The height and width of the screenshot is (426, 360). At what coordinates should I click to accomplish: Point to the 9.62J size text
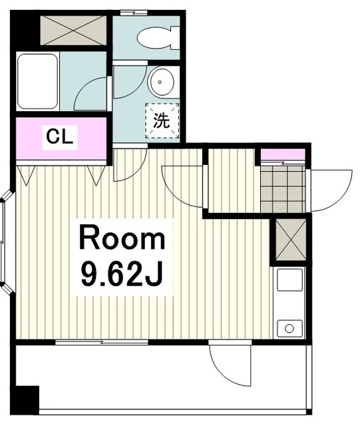[122, 274]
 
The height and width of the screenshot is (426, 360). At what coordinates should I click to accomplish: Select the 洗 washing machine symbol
[162, 120]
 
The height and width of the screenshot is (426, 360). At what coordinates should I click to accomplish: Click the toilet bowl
[158, 37]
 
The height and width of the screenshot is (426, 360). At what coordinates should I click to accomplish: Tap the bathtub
[37, 81]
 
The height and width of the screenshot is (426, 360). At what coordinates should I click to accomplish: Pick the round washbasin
[160, 82]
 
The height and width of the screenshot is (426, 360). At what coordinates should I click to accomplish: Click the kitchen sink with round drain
[289, 328]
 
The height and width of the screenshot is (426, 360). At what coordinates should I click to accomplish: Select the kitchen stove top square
[289, 280]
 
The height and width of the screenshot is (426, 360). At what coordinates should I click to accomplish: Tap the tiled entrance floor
[283, 189]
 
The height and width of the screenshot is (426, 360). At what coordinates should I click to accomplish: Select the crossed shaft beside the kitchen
[291, 240]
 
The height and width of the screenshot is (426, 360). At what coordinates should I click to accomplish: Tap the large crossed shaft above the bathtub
[73, 30]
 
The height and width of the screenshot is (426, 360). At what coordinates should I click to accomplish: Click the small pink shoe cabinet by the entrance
[283, 154]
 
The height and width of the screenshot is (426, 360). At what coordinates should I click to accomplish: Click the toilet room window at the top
[134, 13]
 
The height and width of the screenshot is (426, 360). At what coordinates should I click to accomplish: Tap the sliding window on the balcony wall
[102, 342]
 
